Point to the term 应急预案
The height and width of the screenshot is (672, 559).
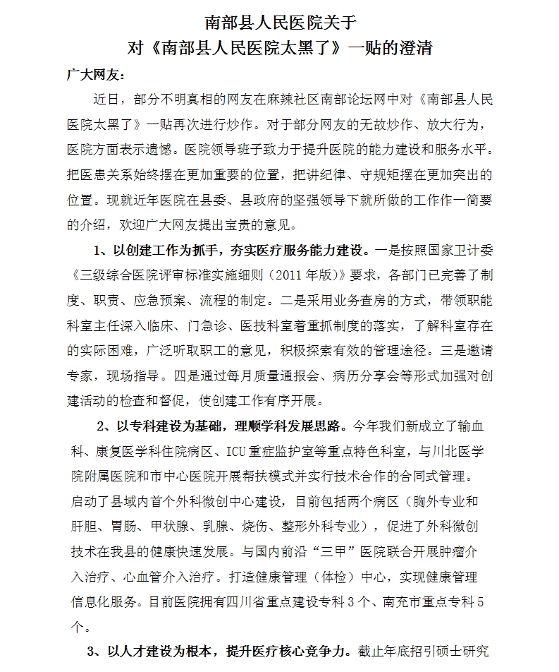tap(161, 299)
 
